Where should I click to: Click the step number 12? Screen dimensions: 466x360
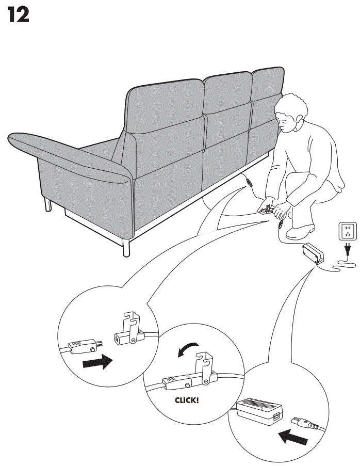click(x=18, y=15)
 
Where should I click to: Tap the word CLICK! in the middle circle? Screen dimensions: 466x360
click(x=186, y=399)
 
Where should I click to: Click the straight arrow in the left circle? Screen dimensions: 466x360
click(x=97, y=361)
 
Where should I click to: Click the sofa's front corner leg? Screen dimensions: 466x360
click(x=126, y=247)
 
